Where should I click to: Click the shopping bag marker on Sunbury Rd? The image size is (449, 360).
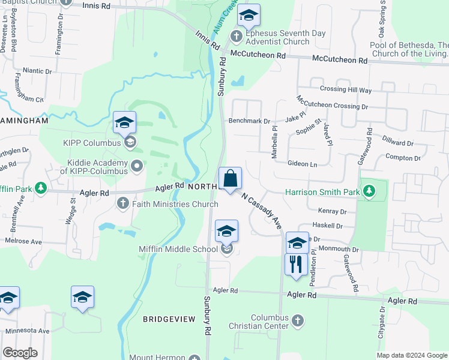(230, 179)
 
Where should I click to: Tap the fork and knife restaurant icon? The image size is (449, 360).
(295, 264)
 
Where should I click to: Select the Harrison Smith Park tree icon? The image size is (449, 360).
(370, 192)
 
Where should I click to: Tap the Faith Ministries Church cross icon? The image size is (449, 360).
(124, 203)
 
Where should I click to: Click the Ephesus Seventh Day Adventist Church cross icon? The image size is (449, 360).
(237, 37)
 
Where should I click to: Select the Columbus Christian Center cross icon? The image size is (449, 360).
(297, 321)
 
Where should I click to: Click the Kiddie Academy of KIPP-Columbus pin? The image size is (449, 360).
(137, 166)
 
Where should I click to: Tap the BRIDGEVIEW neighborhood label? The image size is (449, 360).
(168, 319)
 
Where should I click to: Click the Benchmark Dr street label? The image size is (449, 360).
(249, 121)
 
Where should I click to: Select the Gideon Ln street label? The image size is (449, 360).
(302, 164)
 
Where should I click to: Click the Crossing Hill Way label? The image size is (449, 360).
(346, 90)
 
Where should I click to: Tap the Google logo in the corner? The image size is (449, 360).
(20, 353)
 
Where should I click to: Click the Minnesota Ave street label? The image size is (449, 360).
(28, 331)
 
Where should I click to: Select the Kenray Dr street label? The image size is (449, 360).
(333, 212)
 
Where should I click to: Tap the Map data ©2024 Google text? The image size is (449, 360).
(412, 355)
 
